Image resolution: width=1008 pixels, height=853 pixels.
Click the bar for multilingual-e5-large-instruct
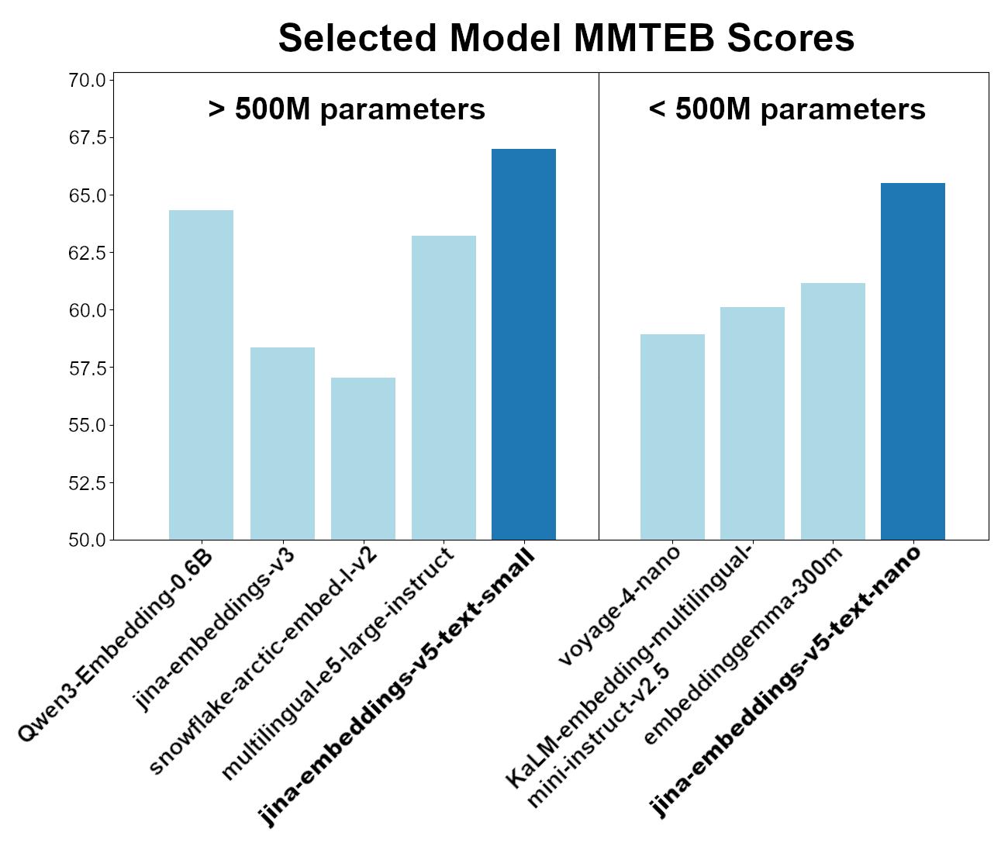pos(444,388)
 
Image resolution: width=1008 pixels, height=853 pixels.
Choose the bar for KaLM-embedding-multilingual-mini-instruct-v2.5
pos(752,423)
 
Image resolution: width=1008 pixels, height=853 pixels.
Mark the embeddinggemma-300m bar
pos(833,412)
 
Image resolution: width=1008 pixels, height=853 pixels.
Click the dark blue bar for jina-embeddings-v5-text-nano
pos(913,361)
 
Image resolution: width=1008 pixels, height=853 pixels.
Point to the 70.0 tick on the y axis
pos(87,81)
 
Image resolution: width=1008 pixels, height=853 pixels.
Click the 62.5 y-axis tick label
pos(87,253)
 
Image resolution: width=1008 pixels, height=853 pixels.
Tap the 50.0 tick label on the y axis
pos(87,540)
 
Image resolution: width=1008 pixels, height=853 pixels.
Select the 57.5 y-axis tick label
pos(87,368)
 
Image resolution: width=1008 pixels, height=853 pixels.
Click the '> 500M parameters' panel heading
pos(347,109)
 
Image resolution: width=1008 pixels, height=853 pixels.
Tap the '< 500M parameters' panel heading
pos(786,109)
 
